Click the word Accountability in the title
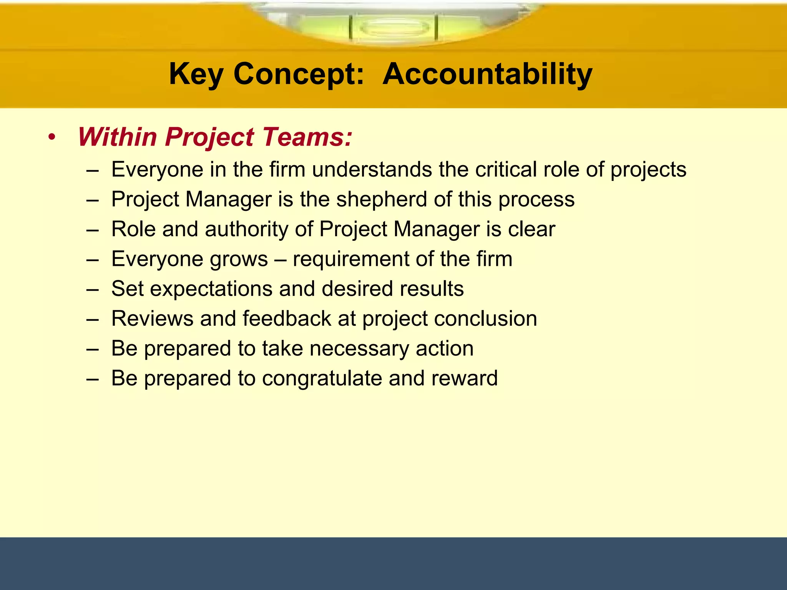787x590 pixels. [487, 74]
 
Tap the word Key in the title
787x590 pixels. [196, 74]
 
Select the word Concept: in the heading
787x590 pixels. [299, 74]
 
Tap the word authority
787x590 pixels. [246, 229]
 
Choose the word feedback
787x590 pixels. [287, 318]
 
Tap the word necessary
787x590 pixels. [359, 348]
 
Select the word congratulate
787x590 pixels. [322, 378]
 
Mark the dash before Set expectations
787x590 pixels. [93, 289]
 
